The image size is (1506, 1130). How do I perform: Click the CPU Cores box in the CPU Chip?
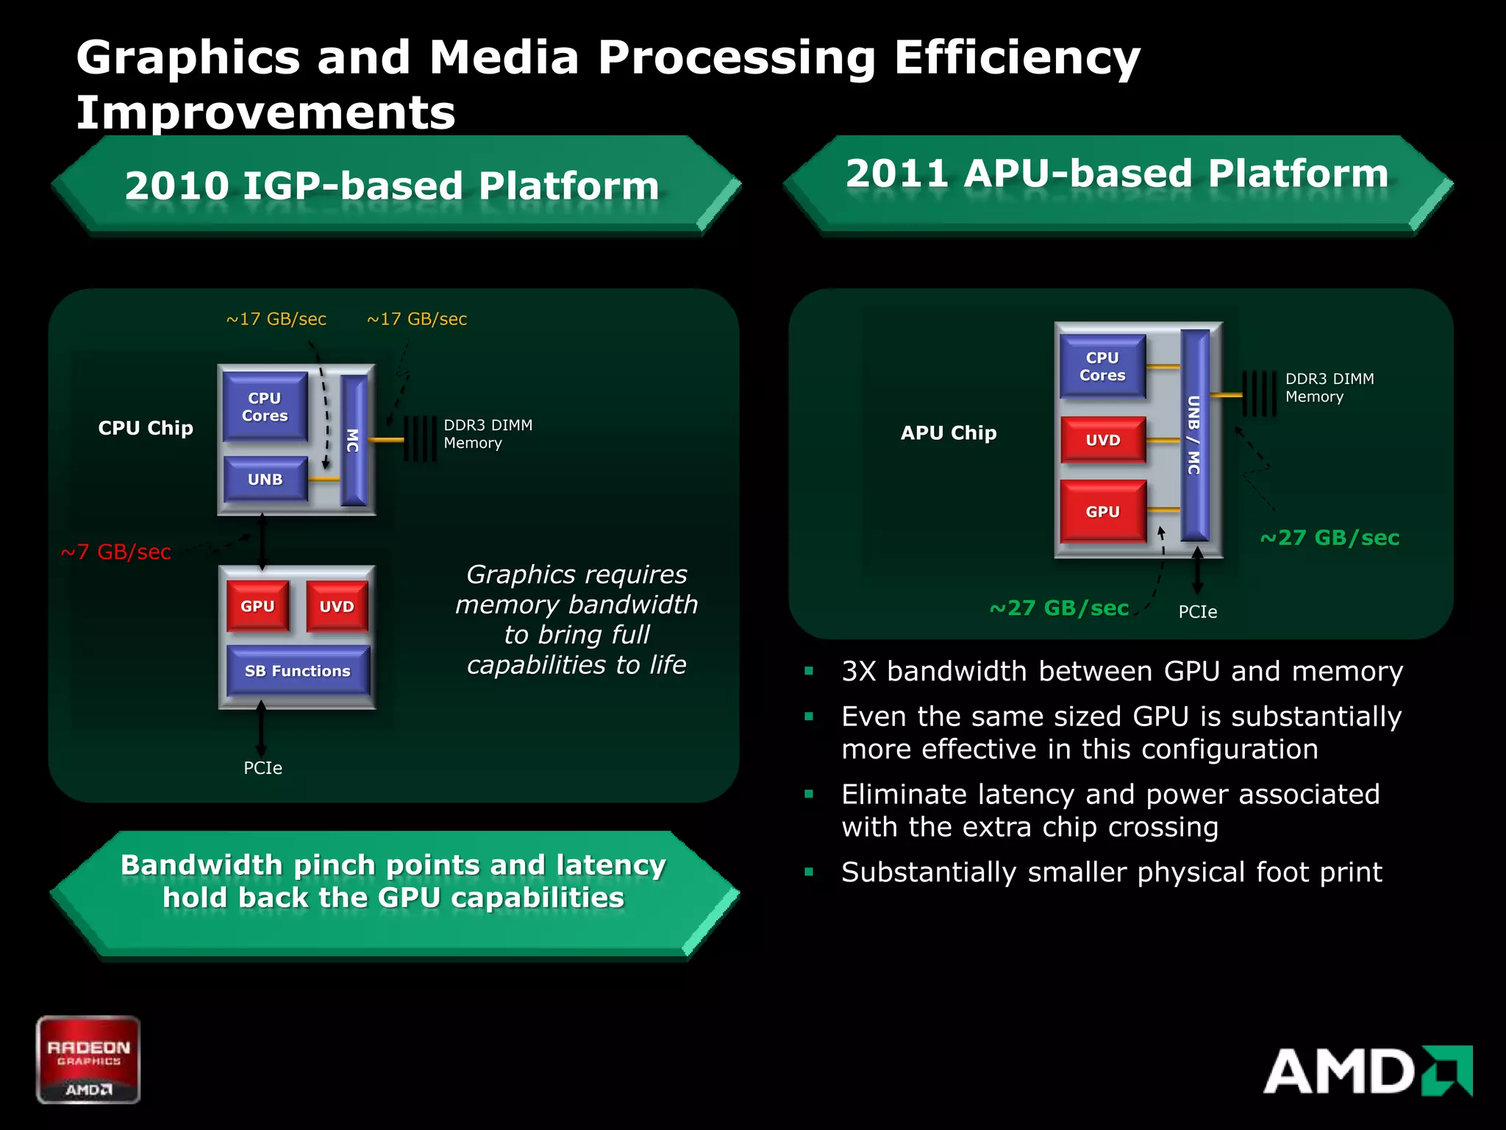click(x=265, y=406)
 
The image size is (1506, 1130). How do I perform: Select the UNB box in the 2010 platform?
click(x=265, y=479)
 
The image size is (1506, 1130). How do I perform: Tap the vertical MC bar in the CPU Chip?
click(x=354, y=440)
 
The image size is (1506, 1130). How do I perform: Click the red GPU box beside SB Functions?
click(x=257, y=606)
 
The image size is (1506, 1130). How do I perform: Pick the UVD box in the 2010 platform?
click(x=337, y=606)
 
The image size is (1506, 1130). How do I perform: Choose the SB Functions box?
click(x=297, y=670)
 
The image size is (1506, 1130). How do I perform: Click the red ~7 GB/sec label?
click(x=115, y=552)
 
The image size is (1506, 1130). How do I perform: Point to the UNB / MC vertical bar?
click(x=1194, y=435)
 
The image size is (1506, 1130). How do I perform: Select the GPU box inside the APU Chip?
click(x=1102, y=511)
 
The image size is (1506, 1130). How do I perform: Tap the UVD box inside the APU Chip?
click(x=1102, y=440)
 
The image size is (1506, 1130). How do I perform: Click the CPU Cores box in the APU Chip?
click(x=1102, y=366)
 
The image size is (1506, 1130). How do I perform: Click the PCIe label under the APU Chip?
click(x=1197, y=612)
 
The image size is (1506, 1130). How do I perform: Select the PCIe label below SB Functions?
click(x=263, y=768)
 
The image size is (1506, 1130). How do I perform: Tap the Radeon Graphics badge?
click(x=88, y=1059)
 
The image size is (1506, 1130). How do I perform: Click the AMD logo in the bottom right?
click(x=1367, y=1070)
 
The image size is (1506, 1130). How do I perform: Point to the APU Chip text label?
click(x=949, y=433)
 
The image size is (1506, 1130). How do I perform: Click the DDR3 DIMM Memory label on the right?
click(x=1329, y=388)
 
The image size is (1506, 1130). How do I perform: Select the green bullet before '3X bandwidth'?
click(x=809, y=671)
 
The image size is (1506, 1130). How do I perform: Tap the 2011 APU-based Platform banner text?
click(x=1116, y=174)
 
